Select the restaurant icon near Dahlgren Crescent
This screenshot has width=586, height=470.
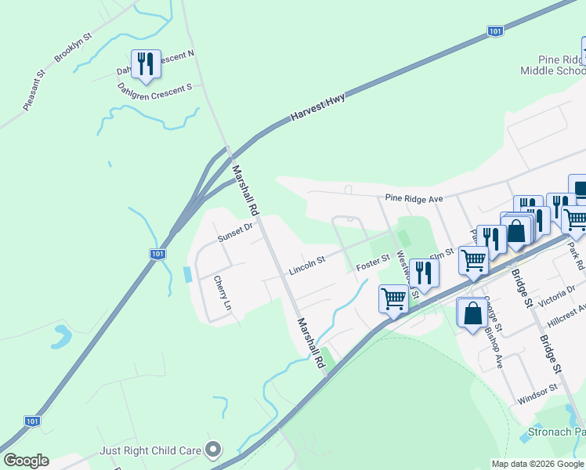146,63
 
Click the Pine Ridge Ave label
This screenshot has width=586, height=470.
414,199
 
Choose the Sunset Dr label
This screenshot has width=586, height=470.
237,232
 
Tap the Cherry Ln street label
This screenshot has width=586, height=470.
222,293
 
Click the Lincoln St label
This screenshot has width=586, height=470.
306,264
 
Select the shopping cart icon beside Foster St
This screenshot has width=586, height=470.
392,297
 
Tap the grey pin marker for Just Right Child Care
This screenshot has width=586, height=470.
212,449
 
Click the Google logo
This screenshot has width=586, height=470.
26,461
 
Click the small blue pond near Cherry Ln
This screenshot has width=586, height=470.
186,275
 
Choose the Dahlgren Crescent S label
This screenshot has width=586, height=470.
154,89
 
